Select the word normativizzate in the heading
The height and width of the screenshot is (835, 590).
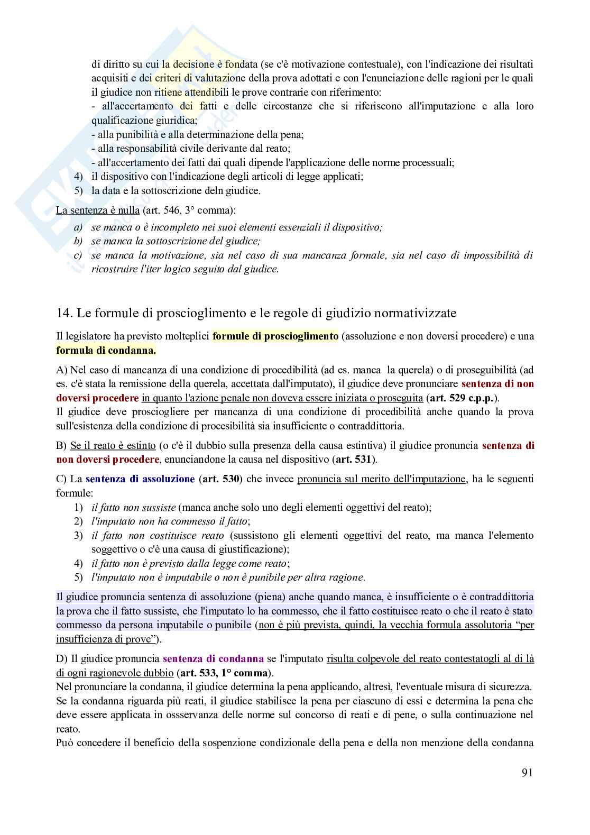click(414, 313)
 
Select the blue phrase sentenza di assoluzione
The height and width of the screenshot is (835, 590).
click(140, 479)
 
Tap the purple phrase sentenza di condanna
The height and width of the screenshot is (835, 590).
click(213, 659)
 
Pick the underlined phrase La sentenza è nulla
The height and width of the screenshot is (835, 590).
click(98, 210)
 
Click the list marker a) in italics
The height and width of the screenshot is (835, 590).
click(79, 228)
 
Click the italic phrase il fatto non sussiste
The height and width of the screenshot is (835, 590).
click(133, 508)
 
